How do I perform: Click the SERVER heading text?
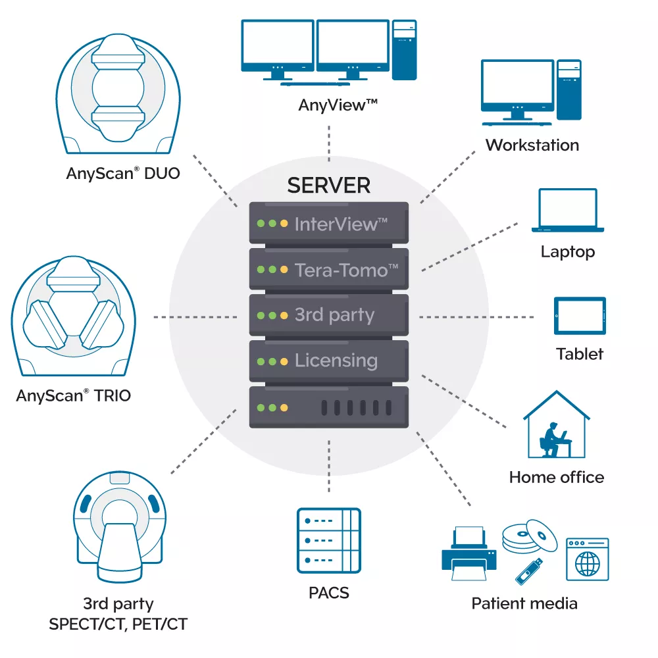point(328,186)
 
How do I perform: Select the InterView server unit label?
point(341,224)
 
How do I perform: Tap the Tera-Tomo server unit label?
point(346,270)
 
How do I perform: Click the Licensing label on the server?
point(336,361)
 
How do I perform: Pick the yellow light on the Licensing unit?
point(284,361)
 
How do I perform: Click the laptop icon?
point(568,211)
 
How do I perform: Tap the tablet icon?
point(580,316)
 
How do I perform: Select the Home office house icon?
point(557,424)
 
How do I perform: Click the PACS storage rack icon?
point(328,540)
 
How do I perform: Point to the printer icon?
point(469,553)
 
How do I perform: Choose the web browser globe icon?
point(587,559)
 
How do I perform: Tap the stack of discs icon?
point(530,536)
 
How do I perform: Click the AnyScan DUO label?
point(123,173)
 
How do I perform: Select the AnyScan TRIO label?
point(74,395)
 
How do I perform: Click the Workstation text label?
point(532,145)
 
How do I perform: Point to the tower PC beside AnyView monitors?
point(405,49)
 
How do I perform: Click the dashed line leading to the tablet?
point(476,317)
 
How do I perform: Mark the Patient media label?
point(524,603)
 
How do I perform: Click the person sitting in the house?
point(550,440)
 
